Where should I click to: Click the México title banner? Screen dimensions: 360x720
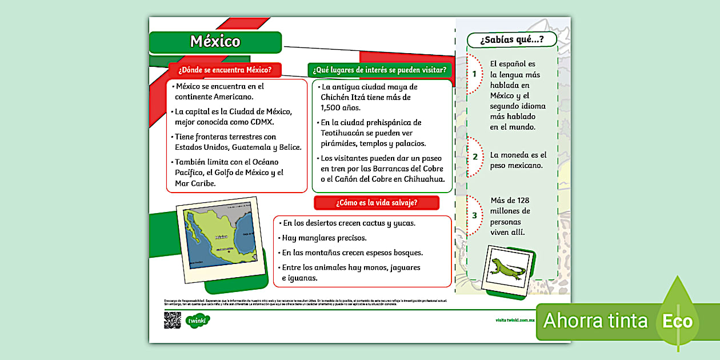pyautogui.click(x=215, y=42)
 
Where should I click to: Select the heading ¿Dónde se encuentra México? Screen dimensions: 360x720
pyautogui.click(x=225, y=70)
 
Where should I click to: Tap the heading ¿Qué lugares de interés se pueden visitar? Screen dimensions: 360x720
pyautogui.click(x=379, y=70)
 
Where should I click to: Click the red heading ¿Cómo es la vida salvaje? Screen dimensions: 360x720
pyautogui.click(x=377, y=202)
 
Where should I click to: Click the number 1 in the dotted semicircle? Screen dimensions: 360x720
pyautogui.click(x=474, y=74)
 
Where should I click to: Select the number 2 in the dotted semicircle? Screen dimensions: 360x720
pyautogui.click(x=474, y=157)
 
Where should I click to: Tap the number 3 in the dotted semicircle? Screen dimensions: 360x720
pyautogui.click(x=474, y=215)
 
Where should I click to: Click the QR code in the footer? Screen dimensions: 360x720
pyautogui.click(x=172, y=320)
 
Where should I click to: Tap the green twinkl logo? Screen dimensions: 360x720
pyautogui.click(x=198, y=321)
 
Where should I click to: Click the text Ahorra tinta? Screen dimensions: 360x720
pyautogui.click(x=595, y=321)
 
